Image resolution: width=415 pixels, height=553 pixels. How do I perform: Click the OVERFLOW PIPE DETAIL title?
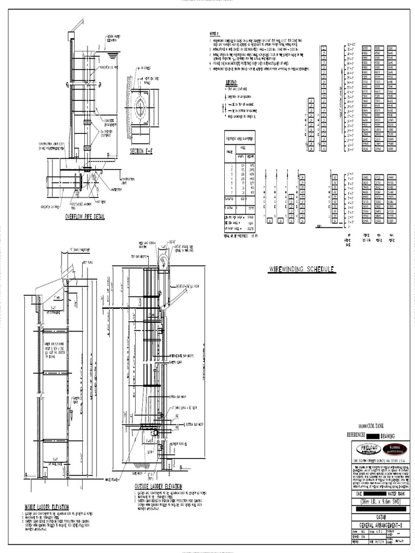85,217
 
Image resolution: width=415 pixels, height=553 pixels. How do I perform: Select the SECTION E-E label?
141,151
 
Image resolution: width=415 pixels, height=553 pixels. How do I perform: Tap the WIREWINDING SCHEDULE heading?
302,269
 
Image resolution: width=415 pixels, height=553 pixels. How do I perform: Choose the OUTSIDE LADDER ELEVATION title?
158,486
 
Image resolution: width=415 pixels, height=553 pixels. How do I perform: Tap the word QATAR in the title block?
381,516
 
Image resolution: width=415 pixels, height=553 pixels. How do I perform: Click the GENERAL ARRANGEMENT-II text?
381,524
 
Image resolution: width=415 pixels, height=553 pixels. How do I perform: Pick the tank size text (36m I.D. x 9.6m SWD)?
381,501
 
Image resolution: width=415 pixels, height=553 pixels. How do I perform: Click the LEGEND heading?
232,82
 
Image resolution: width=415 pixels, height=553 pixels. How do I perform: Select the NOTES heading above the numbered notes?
215,34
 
